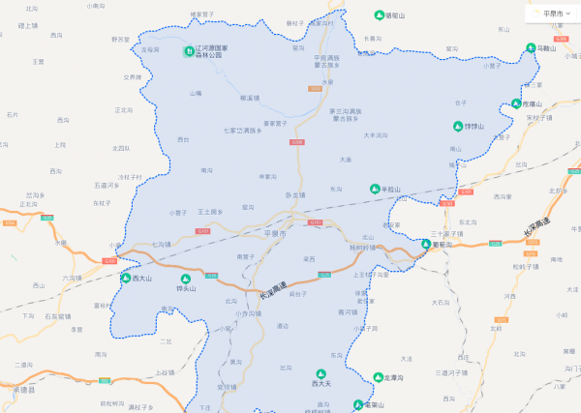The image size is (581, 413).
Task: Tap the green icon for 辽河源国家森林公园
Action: (189, 50)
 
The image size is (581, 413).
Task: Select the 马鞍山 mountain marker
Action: (531, 47)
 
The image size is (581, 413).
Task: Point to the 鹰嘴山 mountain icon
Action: (517, 103)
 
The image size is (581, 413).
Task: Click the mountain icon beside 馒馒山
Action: (457, 126)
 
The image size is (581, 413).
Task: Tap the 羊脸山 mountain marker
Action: (375, 189)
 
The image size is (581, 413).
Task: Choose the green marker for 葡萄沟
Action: (425, 244)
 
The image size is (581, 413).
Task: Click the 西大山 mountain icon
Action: (125, 278)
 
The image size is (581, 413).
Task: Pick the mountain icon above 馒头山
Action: (186, 279)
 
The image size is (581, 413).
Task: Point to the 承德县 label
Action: (24, 390)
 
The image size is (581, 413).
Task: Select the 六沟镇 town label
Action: (73, 279)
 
